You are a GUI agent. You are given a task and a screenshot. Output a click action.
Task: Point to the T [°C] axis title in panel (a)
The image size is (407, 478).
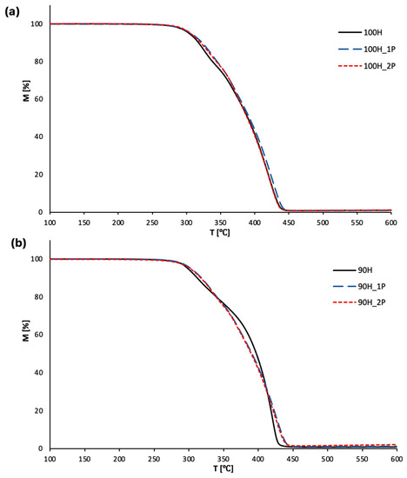(x=221, y=230)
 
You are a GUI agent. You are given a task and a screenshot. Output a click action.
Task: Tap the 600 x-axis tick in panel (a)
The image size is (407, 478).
(x=391, y=221)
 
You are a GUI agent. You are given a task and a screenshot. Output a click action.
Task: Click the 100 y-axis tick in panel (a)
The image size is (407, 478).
(x=37, y=23)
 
